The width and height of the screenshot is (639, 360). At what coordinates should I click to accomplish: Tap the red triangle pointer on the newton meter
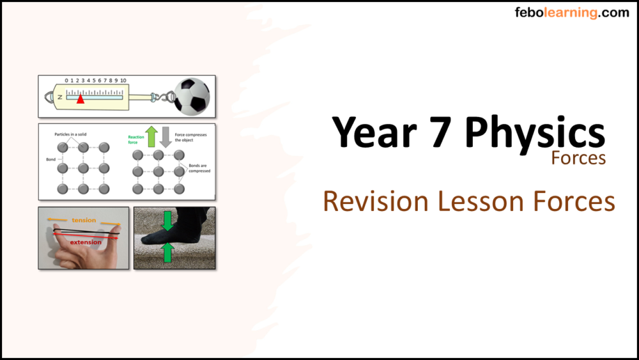point(80,99)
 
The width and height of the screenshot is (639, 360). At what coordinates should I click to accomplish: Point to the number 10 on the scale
point(123,81)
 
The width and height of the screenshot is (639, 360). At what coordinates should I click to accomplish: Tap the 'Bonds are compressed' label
point(199,168)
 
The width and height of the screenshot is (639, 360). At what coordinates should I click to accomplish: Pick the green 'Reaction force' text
point(136,139)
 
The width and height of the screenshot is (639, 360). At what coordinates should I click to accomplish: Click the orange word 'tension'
point(84,220)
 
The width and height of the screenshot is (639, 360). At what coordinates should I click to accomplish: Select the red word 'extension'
point(86,242)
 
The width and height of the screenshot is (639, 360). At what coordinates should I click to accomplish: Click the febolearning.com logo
point(572,13)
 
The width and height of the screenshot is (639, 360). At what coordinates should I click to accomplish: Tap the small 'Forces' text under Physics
point(578,158)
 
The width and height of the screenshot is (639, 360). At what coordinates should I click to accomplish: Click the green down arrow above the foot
point(168,221)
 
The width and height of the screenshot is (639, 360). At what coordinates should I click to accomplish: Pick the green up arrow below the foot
point(168,253)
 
